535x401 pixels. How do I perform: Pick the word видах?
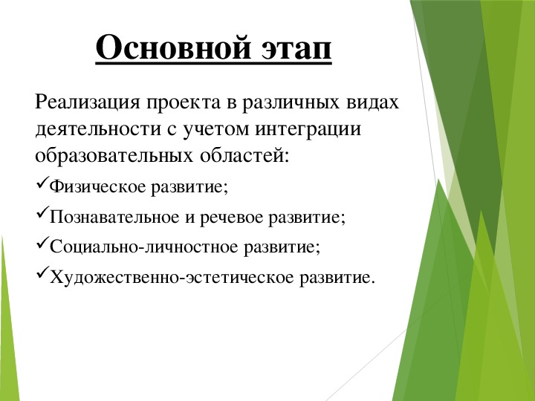[x=372, y=102]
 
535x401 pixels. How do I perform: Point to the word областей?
[x=244, y=156]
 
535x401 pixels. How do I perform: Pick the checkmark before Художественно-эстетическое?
[x=42, y=273]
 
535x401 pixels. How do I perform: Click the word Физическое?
[x=98, y=187]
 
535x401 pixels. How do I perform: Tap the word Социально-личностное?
[x=143, y=247]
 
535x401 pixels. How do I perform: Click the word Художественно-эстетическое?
[x=172, y=277]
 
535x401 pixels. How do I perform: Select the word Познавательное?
[x=114, y=217]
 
